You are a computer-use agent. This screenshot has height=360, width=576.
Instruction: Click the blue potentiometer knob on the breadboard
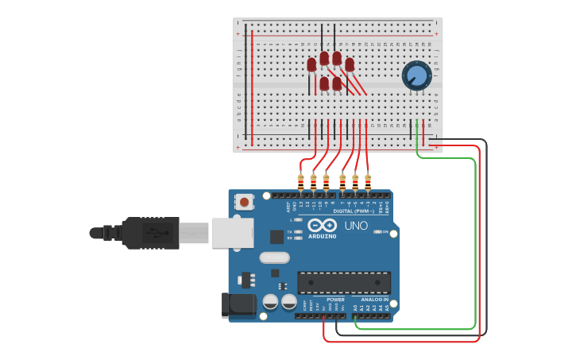[416, 75]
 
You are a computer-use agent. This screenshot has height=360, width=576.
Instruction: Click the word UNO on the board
[356, 226]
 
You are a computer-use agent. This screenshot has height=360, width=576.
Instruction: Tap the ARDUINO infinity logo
[323, 226]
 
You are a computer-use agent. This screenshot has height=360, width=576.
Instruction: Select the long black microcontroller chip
[344, 282]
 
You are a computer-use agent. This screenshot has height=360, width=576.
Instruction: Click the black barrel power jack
[238, 304]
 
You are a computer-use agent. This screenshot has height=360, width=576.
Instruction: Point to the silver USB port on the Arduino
[233, 232]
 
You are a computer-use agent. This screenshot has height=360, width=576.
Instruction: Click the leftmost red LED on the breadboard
[311, 65]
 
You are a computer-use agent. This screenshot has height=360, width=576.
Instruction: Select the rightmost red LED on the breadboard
[350, 64]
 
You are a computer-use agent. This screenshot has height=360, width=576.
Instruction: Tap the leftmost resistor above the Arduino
[300, 182]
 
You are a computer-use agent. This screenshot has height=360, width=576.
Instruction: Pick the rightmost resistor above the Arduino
[368, 182]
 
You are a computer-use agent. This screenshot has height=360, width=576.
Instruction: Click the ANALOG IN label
[374, 300]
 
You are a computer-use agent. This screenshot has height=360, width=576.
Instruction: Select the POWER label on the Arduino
[335, 300]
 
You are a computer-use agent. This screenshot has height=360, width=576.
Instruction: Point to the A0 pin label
[355, 307]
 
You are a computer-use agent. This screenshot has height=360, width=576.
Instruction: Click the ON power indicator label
[385, 232]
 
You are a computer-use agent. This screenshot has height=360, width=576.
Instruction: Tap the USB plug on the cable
[151, 232]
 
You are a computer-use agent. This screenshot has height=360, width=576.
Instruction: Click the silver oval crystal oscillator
[274, 257]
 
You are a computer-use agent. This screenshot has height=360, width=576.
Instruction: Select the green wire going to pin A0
[474, 238]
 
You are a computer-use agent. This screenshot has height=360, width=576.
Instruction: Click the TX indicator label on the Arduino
[292, 231]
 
